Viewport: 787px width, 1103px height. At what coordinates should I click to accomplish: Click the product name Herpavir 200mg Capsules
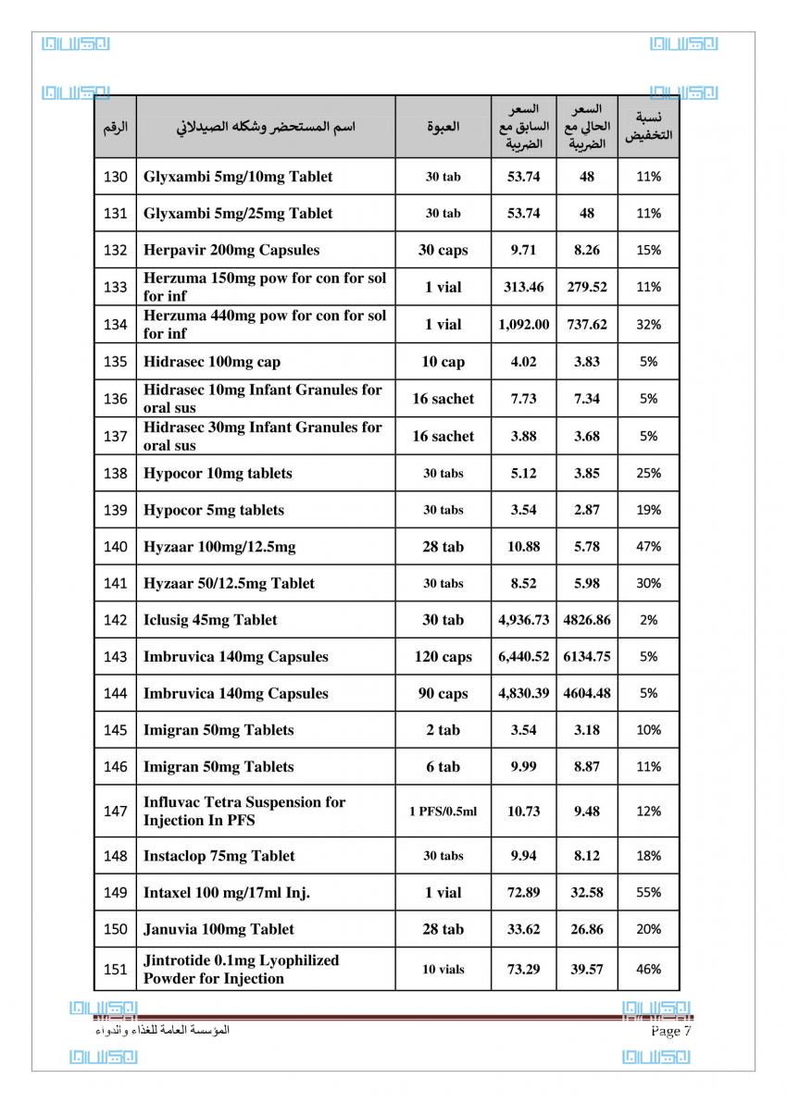click(x=231, y=250)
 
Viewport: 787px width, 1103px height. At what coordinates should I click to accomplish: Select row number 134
click(x=116, y=325)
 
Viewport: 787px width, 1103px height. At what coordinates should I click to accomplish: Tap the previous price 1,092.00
click(x=523, y=325)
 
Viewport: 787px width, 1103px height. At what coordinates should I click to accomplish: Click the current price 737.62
click(x=587, y=325)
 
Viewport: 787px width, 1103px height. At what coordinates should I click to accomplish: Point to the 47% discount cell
click(x=649, y=547)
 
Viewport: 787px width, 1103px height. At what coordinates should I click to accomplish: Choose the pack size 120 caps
click(x=443, y=657)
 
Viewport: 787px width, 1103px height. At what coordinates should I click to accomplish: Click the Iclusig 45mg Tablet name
click(x=210, y=620)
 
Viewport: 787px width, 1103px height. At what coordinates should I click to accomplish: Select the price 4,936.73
click(x=523, y=620)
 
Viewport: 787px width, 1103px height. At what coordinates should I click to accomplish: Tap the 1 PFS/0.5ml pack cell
click(x=443, y=812)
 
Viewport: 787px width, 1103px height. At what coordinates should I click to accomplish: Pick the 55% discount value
click(x=649, y=893)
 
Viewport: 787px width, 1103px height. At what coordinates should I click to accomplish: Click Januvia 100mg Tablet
click(x=219, y=929)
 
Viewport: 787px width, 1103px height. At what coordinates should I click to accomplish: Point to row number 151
click(x=116, y=970)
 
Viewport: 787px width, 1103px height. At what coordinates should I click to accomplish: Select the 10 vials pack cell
click(x=443, y=970)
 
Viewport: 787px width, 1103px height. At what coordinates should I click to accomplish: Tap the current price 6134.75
click(x=587, y=657)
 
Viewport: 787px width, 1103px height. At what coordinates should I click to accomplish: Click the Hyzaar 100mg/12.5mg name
click(x=219, y=547)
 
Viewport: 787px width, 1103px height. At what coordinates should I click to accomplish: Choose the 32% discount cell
click(x=649, y=325)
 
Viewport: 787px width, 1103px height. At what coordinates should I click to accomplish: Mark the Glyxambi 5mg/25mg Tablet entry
click(x=238, y=214)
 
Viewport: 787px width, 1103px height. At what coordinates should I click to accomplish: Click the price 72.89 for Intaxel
click(x=523, y=893)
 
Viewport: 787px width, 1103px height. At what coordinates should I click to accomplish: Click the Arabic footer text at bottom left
click(x=162, y=1030)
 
